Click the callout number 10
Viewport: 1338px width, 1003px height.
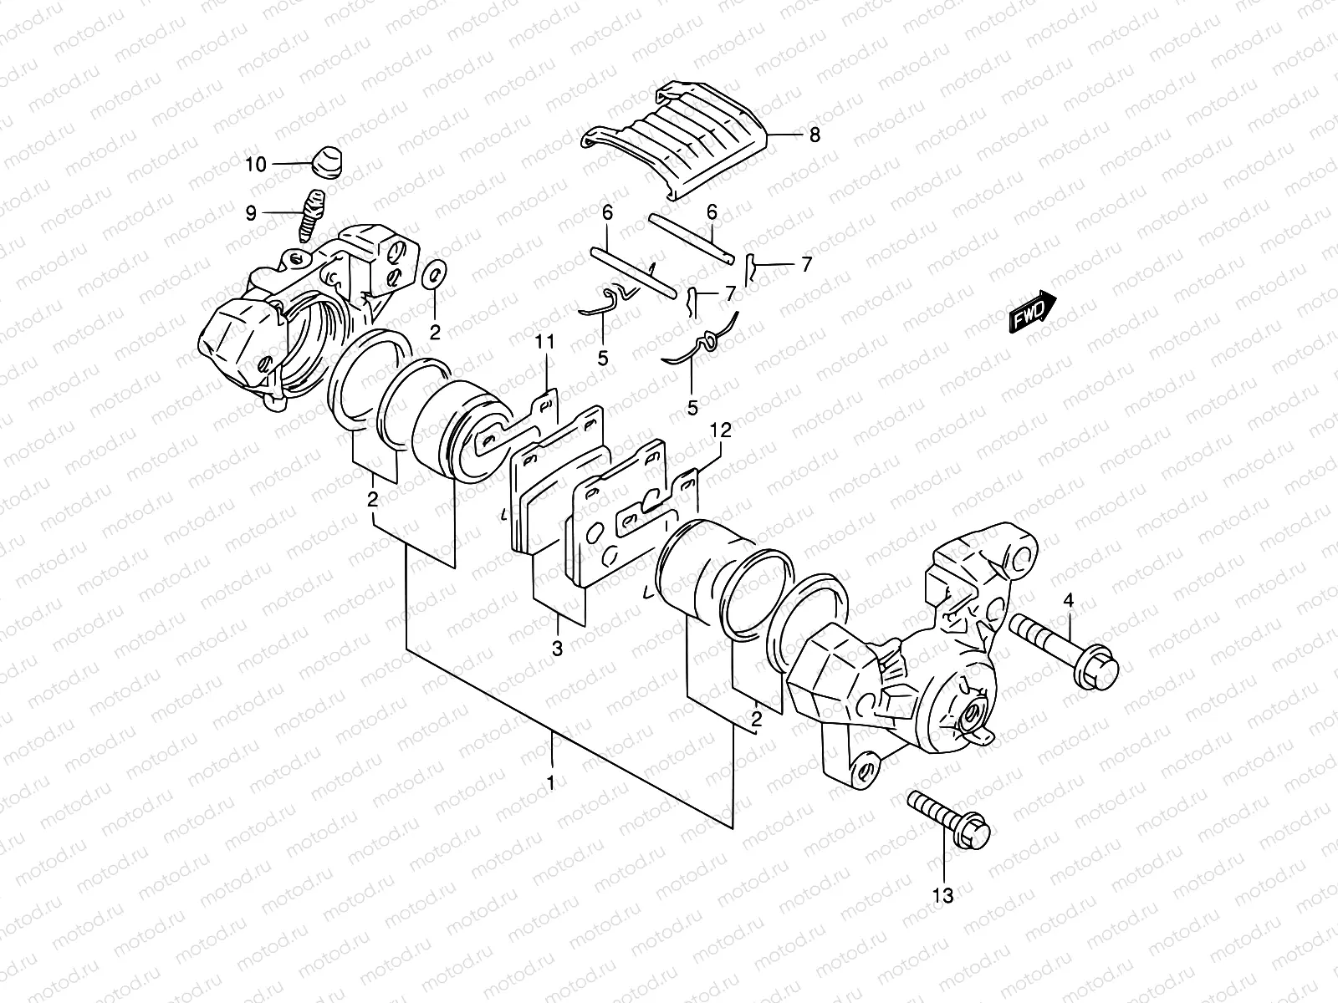255,164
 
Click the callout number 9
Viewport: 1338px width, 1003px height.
250,214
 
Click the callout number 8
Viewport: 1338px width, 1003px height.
815,135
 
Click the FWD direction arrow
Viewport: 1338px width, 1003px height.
1033,313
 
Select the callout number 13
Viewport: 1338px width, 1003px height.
942,896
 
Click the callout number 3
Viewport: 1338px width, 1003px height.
558,649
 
